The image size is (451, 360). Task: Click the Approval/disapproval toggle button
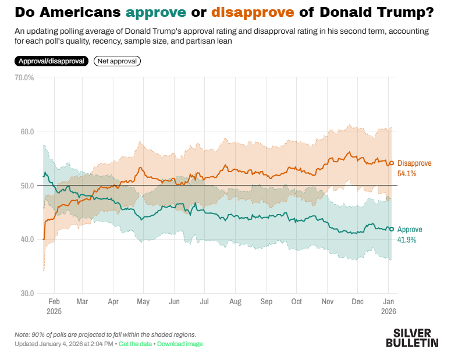click(x=52, y=60)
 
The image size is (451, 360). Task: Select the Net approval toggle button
click(x=117, y=60)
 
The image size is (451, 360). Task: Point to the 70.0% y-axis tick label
click(x=24, y=77)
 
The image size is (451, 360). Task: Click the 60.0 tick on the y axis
click(x=26, y=131)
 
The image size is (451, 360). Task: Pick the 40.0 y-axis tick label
click(x=26, y=240)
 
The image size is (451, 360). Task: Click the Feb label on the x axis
click(x=54, y=302)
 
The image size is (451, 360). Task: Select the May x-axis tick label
click(x=143, y=302)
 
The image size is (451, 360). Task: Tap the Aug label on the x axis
click(x=235, y=302)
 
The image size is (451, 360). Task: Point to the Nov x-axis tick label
click(x=327, y=302)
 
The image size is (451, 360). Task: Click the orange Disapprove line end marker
click(x=392, y=163)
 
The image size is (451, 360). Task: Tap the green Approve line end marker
click(x=392, y=229)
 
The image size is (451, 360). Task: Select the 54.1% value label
click(x=407, y=173)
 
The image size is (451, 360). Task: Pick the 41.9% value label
click(x=407, y=240)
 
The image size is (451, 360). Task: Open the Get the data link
click(x=135, y=344)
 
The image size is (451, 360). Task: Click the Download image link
click(x=180, y=344)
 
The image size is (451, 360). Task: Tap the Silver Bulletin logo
click(x=412, y=338)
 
